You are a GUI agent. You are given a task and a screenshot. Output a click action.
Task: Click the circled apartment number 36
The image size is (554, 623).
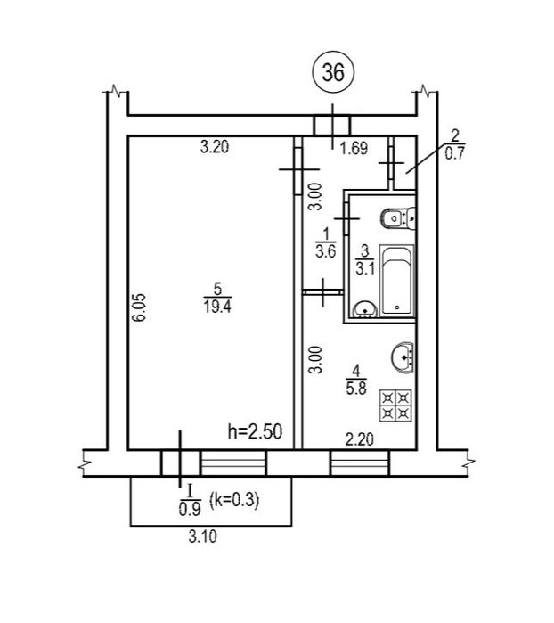click(333, 72)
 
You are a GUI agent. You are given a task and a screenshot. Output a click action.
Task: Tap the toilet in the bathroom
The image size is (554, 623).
click(398, 218)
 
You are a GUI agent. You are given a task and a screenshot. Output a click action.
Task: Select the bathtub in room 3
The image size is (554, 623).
click(397, 281)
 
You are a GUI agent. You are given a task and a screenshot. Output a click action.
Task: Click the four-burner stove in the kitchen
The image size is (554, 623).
click(395, 405)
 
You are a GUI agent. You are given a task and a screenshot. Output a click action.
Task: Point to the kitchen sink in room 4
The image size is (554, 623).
click(403, 357)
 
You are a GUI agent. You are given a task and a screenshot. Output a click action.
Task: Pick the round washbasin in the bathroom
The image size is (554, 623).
click(365, 310)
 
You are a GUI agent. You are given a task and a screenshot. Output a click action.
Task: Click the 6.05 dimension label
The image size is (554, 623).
click(140, 307)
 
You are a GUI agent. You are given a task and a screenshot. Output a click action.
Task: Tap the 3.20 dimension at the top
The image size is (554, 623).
click(215, 147)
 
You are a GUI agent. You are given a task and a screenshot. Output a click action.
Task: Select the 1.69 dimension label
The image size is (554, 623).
click(354, 148)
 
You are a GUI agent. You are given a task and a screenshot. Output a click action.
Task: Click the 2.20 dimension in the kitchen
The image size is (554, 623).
click(360, 439)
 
